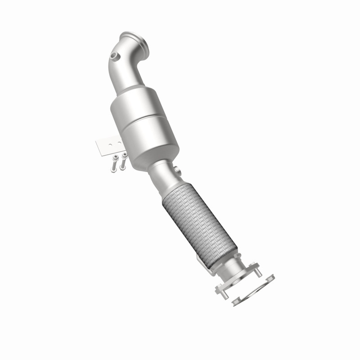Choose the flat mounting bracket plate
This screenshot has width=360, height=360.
click(x=108, y=146)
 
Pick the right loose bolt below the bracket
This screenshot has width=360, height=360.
click(x=123, y=161)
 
